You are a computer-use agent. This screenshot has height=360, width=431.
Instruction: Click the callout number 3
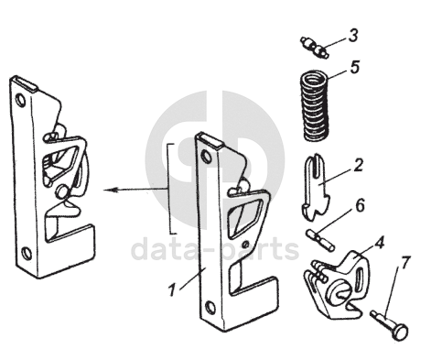[x=353, y=36]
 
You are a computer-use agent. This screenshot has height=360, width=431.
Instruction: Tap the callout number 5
[x=355, y=67]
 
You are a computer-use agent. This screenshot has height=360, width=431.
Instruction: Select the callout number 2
[x=358, y=165]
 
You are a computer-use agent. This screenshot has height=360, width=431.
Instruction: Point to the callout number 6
[x=360, y=205]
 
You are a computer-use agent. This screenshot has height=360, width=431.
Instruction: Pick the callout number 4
[x=379, y=243]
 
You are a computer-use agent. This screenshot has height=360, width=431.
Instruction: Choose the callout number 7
[x=404, y=263]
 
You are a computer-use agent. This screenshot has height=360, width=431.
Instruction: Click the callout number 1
[x=173, y=289]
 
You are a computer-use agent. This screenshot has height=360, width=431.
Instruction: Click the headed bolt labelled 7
[x=390, y=324]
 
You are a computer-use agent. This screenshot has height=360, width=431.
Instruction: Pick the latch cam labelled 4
[x=337, y=286]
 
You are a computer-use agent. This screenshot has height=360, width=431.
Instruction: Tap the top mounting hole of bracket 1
[x=207, y=156]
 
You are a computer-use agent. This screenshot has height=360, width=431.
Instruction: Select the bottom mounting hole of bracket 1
[x=210, y=307]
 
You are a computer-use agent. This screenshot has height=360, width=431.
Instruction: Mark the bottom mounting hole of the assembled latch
[x=27, y=253]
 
